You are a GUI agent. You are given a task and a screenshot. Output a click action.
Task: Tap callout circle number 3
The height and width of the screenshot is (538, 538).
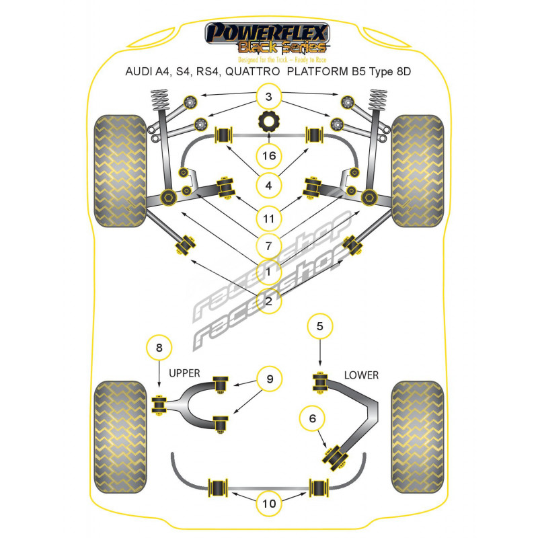[269, 98]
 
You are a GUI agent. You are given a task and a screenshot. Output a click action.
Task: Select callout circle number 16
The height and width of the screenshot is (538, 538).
[269, 156]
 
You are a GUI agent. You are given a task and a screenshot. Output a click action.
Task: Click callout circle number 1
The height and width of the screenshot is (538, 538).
[269, 272]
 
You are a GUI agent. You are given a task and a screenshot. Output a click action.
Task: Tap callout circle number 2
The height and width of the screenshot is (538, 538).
[269, 301]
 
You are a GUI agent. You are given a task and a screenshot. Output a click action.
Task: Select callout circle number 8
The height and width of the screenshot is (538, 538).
[159, 348]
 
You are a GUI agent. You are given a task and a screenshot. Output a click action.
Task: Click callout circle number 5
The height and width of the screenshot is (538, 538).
[320, 328]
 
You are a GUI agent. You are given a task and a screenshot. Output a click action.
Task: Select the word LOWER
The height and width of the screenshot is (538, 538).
[361, 375]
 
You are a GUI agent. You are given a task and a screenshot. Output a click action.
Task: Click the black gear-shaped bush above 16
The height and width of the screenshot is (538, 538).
[269, 124]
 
